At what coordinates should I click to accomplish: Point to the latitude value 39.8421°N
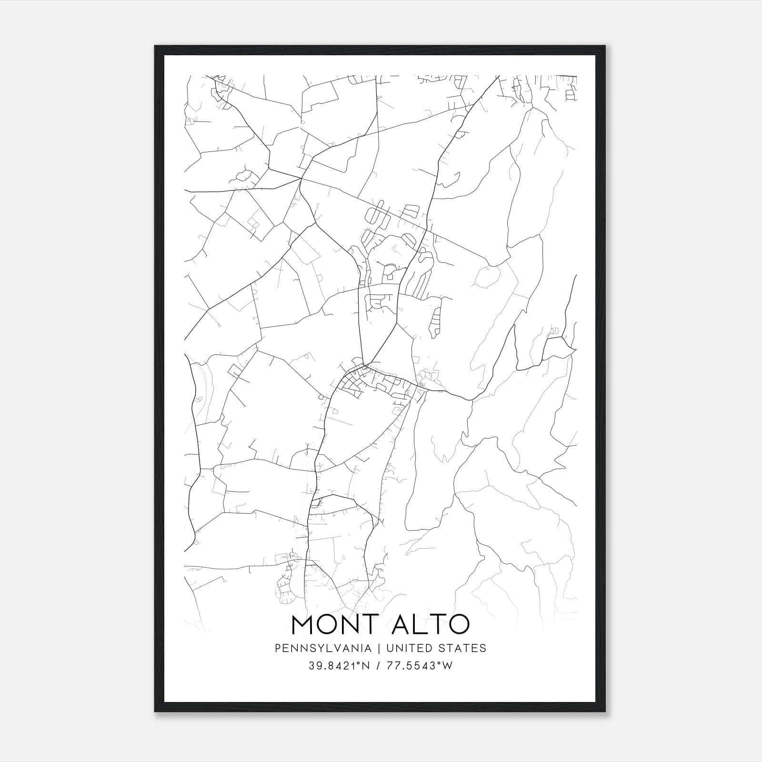pos(339,666)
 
